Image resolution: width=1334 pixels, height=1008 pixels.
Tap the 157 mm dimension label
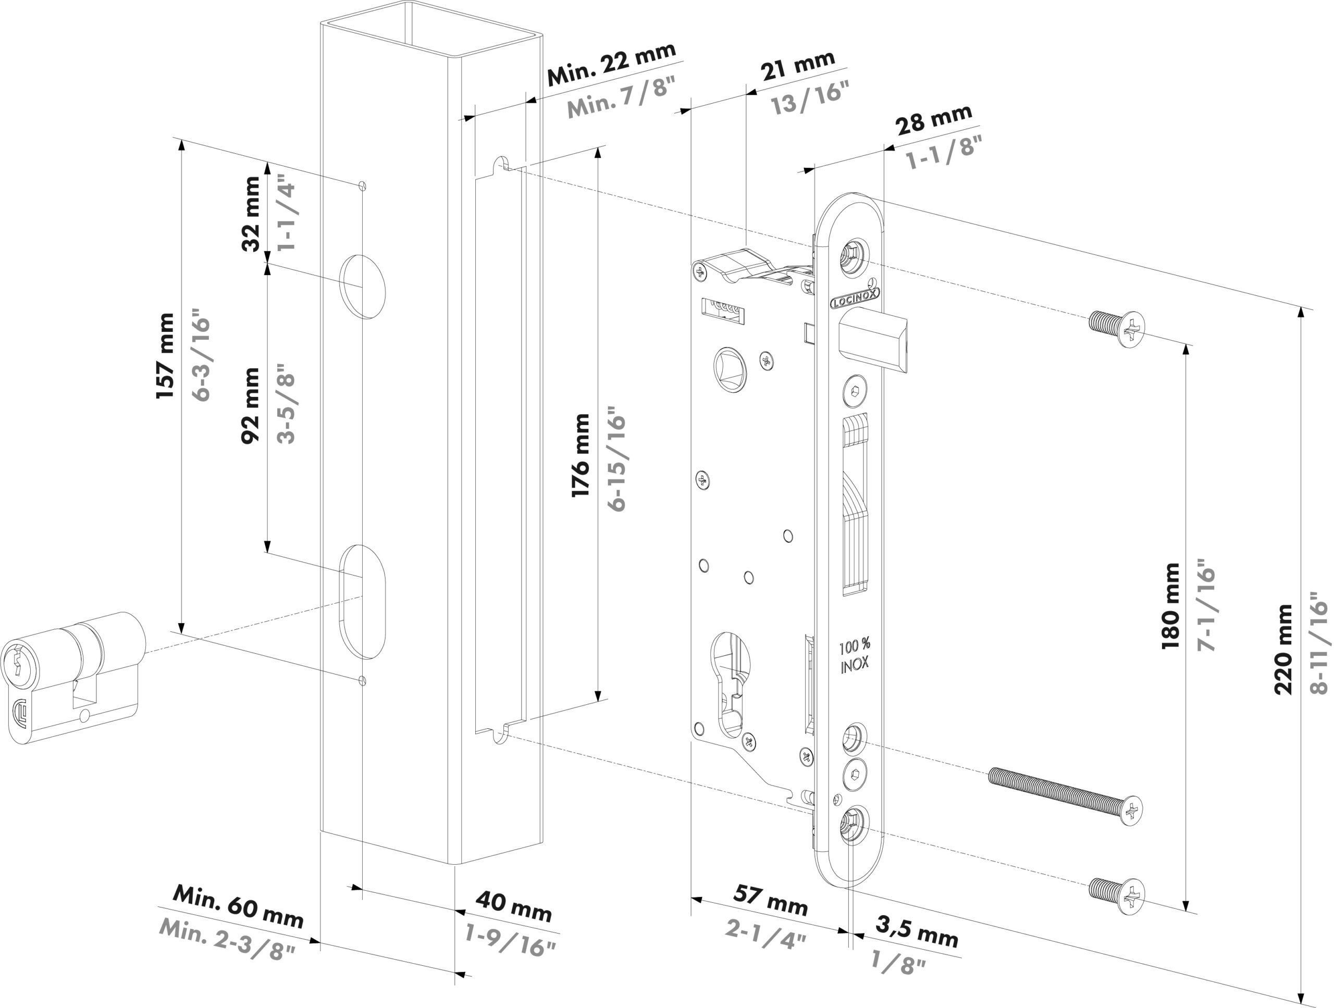click(165, 356)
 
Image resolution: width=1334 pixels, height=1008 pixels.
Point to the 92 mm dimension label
click(250, 406)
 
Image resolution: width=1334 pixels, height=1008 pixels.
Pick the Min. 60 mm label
click(238, 907)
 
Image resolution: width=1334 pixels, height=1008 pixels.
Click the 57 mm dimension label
click(771, 900)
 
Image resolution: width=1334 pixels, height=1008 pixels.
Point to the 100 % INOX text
click(855, 656)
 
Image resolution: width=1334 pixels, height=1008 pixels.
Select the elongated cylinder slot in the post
click(363, 601)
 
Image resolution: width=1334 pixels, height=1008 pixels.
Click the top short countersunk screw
click(1117, 327)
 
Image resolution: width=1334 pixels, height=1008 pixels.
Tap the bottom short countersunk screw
click(1117, 895)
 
